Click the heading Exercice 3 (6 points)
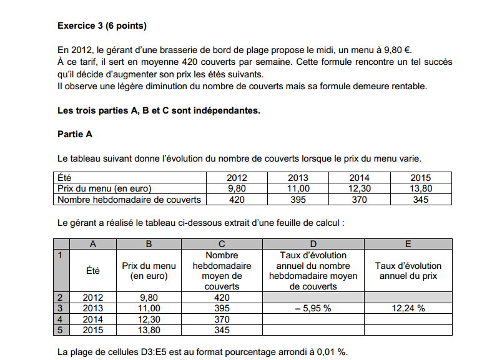coord(102,26)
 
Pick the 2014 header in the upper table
coord(359,178)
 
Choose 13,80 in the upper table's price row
coord(420,188)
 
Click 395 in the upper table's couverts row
coord(298,200)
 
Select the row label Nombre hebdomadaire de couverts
coord(129,200)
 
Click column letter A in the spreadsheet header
coord(92,244)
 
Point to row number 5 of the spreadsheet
coord(61,329)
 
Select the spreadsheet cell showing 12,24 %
coord(408,308)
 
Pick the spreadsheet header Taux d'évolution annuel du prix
coord(408,270)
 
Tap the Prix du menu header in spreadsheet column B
coord(149,270)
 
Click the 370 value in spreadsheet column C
coord(222,319)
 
